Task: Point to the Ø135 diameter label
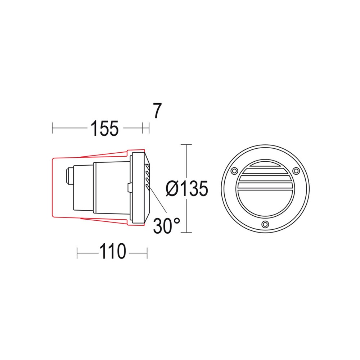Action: [x=187, y=188]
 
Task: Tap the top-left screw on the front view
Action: [x=234, y=170]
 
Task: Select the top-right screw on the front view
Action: [x=296, y=170]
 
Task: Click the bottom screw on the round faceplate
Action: [x=265, y=224]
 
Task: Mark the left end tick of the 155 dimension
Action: [x=53, y=128]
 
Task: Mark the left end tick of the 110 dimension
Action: [x=77, y=252]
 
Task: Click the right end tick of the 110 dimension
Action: [x=147, y=252]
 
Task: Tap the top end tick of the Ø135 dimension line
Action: [x=186, y=144]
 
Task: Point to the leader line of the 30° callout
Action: [x=158, y=200]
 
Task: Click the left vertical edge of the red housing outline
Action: [x=53, y=187]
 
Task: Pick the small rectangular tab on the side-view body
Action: [x=129, y=187]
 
